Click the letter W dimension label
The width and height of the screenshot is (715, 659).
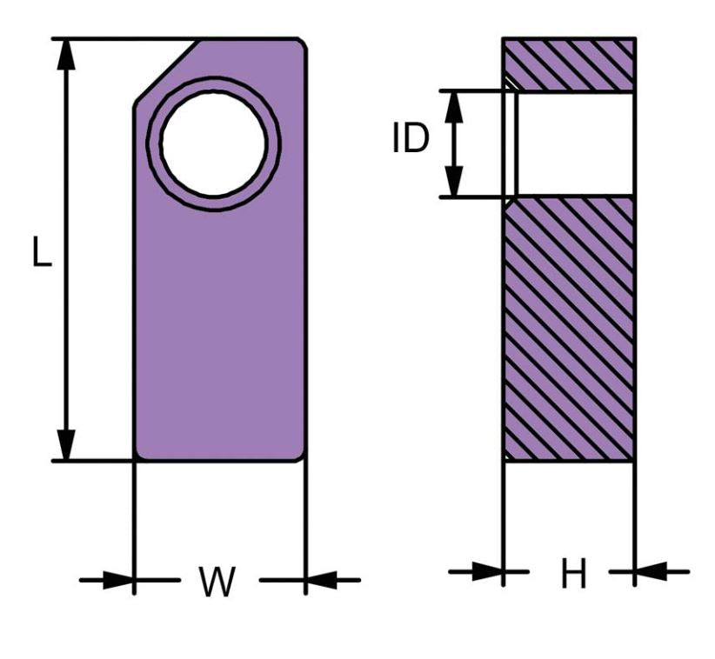point(217,582)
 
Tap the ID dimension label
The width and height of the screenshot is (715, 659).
point(411,139)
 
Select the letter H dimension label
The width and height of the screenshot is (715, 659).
point(573,574)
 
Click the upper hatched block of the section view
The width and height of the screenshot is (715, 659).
point(569,63)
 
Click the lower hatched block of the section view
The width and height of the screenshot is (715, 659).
point(569,329)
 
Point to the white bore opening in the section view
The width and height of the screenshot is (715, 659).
point(574,143)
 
